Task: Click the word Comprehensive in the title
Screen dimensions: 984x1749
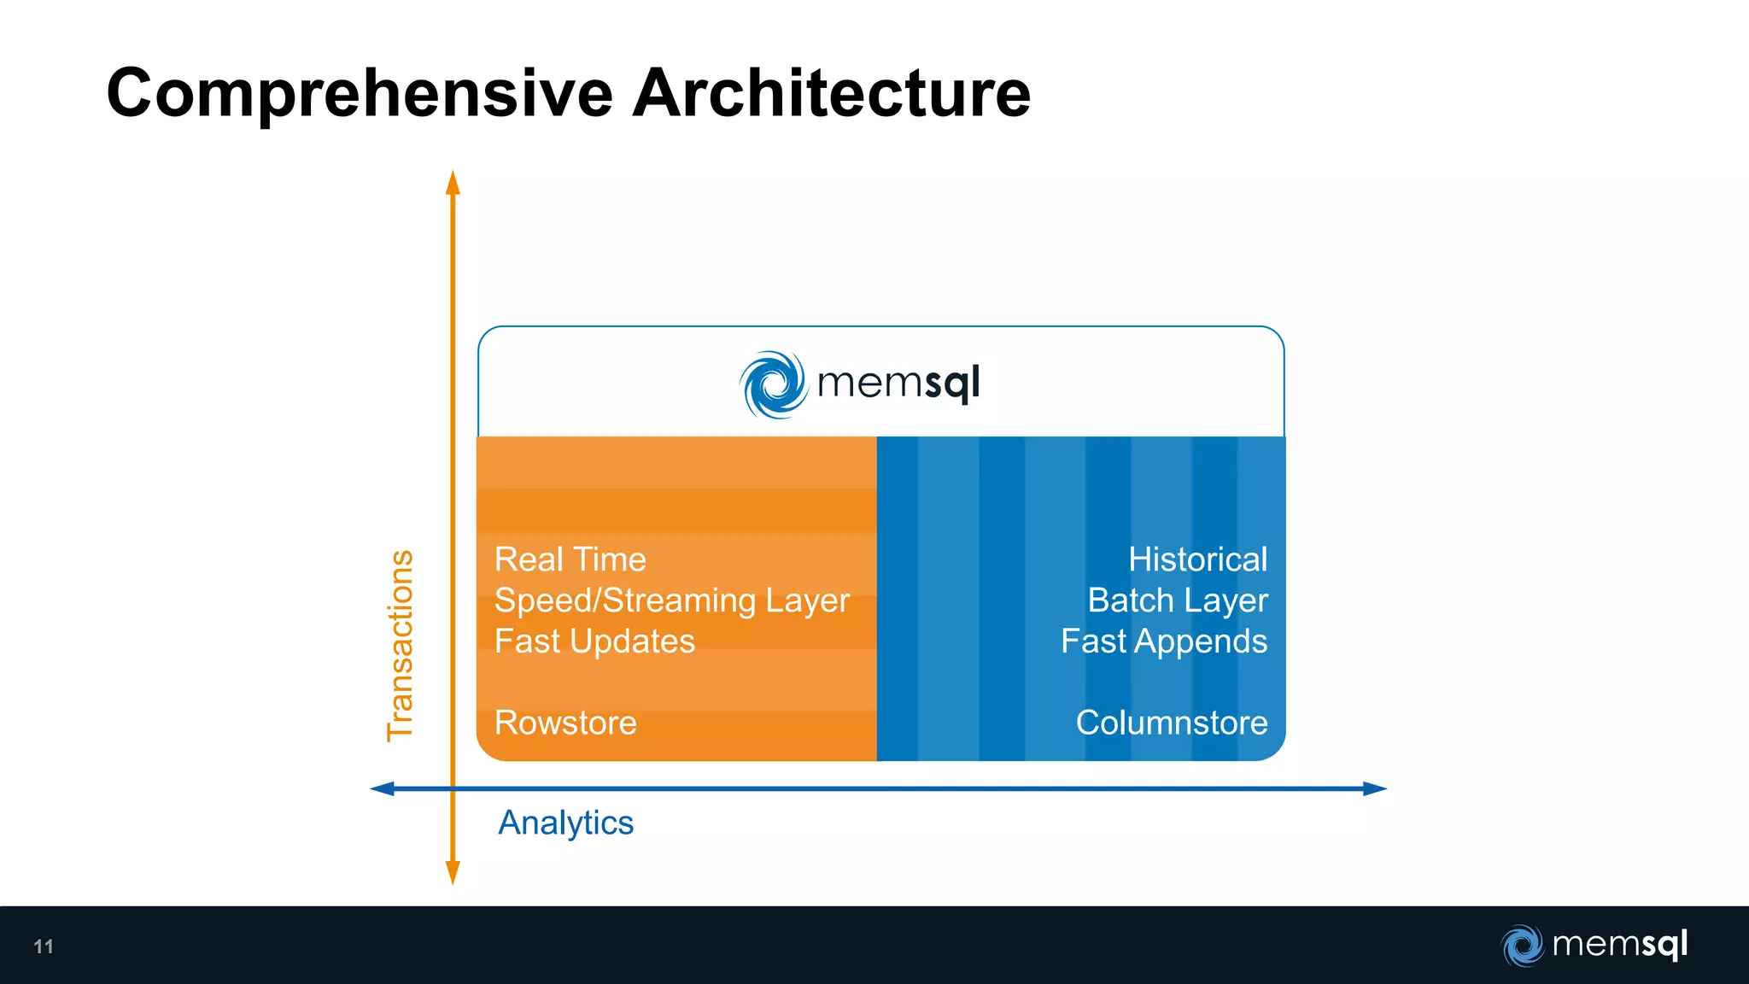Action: [360, 94]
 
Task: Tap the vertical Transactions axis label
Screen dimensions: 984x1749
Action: [401, 646]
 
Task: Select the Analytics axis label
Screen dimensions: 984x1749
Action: [565, 823]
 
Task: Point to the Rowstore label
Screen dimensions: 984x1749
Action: [565, 723]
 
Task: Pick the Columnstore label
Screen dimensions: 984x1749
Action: [1171, 723]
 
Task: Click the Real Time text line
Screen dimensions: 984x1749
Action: [570, 559]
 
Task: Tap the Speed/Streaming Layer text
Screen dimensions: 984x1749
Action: [672, 600]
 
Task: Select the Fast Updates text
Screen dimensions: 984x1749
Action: [594, 641]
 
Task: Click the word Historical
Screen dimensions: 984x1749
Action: [1197, 559]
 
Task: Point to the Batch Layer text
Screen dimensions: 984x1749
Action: [1178, 600]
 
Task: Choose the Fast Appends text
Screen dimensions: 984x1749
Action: [1164, 641]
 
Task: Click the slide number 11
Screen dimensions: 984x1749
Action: [44, 946]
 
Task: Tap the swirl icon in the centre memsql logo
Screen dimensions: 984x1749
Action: [773, 384]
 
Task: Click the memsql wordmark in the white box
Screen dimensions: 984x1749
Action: [898, 384]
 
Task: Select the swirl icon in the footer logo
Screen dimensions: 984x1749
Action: [1522, 946]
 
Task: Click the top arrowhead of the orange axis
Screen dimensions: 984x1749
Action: [453, 182]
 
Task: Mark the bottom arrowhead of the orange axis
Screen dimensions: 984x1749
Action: [453, 874]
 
